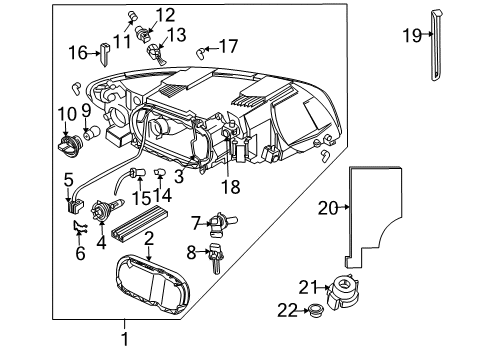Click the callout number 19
[410, 36]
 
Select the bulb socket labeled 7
[217, 222]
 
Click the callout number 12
[164, 14]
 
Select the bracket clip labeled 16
[108, 52]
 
